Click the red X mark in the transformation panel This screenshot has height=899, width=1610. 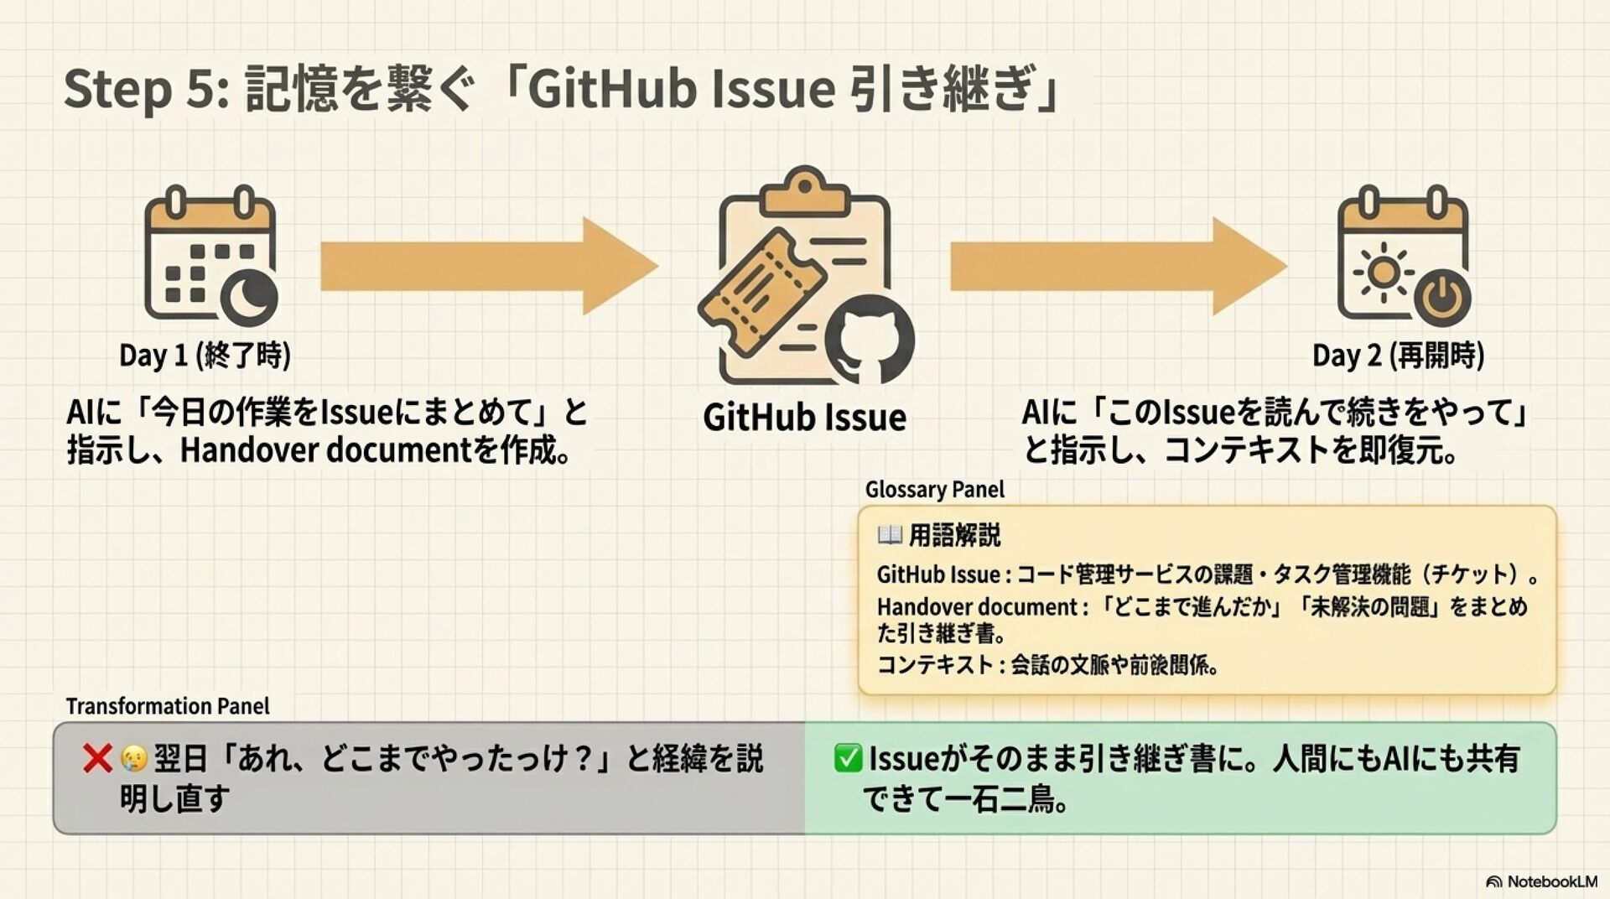[97, 758]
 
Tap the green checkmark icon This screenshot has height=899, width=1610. [848, 758]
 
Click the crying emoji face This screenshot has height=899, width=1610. [133, 759]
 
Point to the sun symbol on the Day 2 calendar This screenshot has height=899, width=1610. [1383, 273]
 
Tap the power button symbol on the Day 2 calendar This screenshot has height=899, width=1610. [1441, 298]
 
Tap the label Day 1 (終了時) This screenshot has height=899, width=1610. [205, 355]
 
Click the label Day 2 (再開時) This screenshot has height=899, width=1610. [1398, 355]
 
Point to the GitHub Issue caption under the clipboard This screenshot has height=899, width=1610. [804, 418]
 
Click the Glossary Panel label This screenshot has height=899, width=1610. [934, 489]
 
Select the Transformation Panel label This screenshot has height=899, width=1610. [168, 706]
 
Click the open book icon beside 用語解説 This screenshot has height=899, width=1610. [889, 534]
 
